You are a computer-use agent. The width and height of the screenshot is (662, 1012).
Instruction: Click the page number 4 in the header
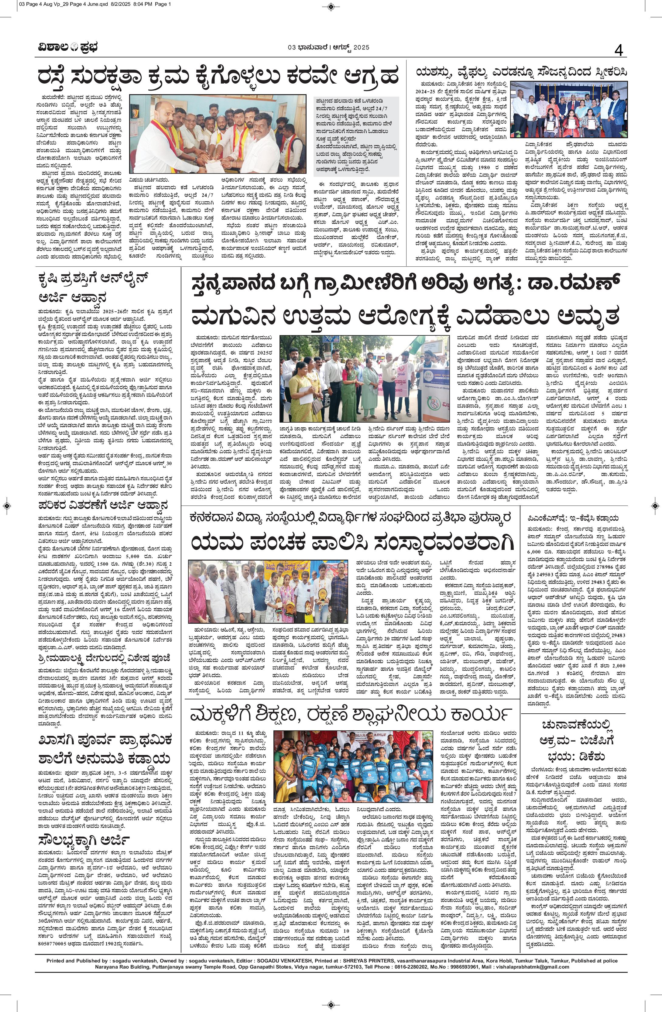coord(618,51)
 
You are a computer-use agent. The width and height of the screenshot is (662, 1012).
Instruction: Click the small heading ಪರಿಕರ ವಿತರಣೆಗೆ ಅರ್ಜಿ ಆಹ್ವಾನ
coord(102,506)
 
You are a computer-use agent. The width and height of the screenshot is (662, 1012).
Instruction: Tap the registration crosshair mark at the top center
coord(331,5)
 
